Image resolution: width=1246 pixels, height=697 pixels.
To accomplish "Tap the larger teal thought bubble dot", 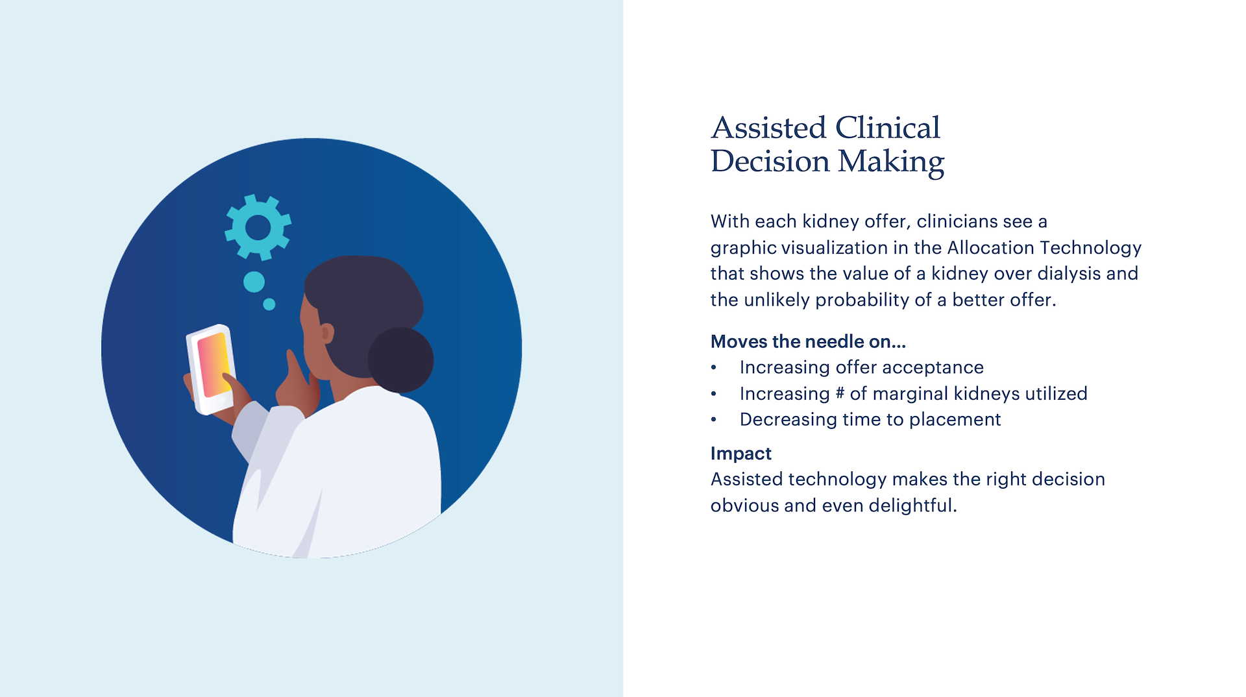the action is click(x=254, y=282).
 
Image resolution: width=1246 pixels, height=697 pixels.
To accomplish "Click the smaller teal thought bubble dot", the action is click(x=269, y=304).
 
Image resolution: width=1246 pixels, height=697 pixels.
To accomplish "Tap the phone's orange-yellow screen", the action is click(x=214, y=365).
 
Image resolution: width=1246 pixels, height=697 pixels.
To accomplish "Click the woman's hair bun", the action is click(x=400, y=360).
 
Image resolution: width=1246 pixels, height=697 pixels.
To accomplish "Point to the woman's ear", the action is click(x=327, y=334).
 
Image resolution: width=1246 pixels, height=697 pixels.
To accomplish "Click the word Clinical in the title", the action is click(x=887, y=127).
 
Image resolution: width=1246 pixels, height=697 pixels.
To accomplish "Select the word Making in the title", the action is click(x=890, y=162).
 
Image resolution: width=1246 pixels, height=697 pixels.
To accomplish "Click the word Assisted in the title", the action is click(x=768, y=127).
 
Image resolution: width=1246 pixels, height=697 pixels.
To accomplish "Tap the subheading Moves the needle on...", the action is click(x=808, y=341).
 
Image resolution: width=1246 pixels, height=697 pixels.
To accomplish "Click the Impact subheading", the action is click(x=741, y=453).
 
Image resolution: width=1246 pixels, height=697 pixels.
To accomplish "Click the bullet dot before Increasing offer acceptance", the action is click(x=714, y=368).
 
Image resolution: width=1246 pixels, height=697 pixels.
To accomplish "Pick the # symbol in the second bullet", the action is click(x=840, y=393).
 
